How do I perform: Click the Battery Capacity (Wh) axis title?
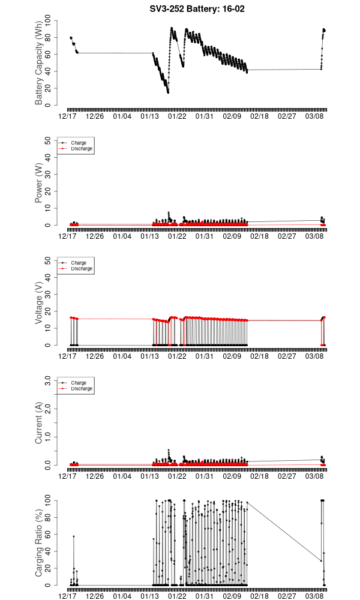click(x=39, y=63)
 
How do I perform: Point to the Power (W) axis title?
click(x=39, y=183)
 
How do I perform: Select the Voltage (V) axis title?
click(x=39, y=303)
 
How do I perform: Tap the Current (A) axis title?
click(x=39, y=423)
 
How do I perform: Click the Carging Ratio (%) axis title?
click(x=39, y=543)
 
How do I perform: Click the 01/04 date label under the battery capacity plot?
click(x=122, y=117)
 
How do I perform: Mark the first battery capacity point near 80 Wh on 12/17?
click(x=71, y=38)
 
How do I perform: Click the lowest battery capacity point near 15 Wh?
click(x=168, y=92)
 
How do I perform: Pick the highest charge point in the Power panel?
click(x=169, y=212)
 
